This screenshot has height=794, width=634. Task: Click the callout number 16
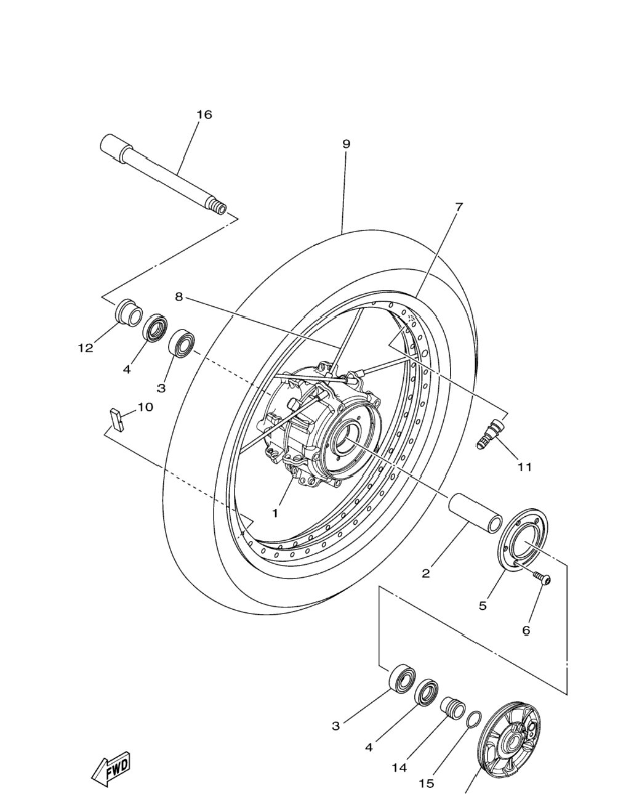[204, 115]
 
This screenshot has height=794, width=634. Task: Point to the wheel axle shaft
[163, 174]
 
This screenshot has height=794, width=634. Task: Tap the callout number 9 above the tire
[345, 144]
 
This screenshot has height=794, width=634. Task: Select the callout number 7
[459, 207]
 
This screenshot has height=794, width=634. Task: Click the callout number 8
[179, 296]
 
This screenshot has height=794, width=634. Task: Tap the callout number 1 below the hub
[275, 513]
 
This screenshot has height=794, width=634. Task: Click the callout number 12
[86, 347]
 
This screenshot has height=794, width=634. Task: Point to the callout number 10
[145, 407]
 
